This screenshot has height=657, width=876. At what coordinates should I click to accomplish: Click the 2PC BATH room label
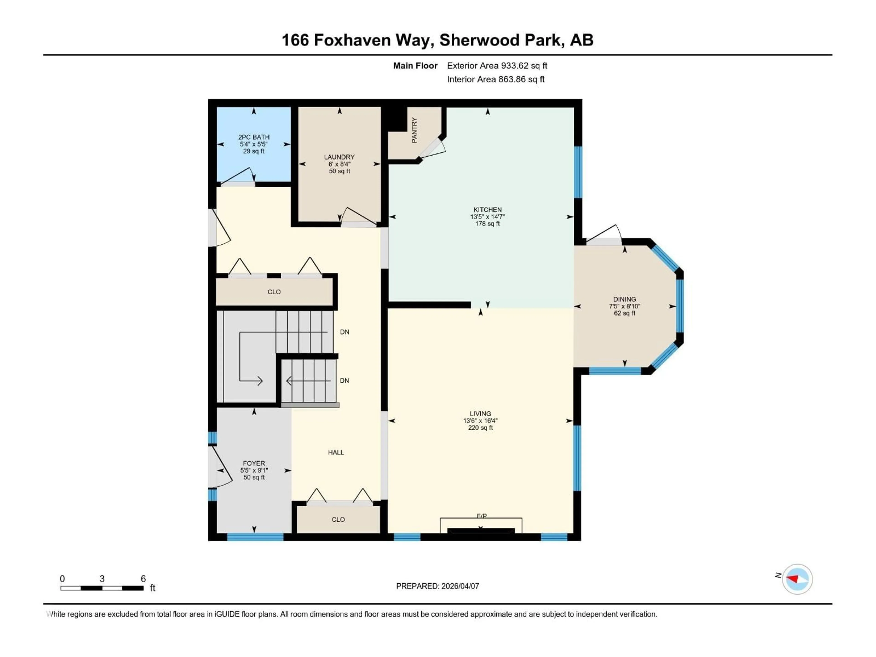(x=253, y=137)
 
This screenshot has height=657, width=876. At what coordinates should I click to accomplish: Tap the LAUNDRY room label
(x=339, y=157)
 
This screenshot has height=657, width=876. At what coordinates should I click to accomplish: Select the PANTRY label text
(x=414, y=130)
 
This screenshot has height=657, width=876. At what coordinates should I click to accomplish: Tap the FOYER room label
(x=254, y=463)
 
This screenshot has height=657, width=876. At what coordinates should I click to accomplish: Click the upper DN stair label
(x=344, y=332)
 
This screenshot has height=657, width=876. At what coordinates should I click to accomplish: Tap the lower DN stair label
(x=344, y=381)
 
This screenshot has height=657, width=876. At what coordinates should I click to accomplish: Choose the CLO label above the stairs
(x=274, y=292)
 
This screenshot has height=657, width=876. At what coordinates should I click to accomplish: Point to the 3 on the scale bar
(x=102, y=579)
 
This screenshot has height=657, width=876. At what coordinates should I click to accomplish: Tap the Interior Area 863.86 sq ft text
(x=495, y=79)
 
